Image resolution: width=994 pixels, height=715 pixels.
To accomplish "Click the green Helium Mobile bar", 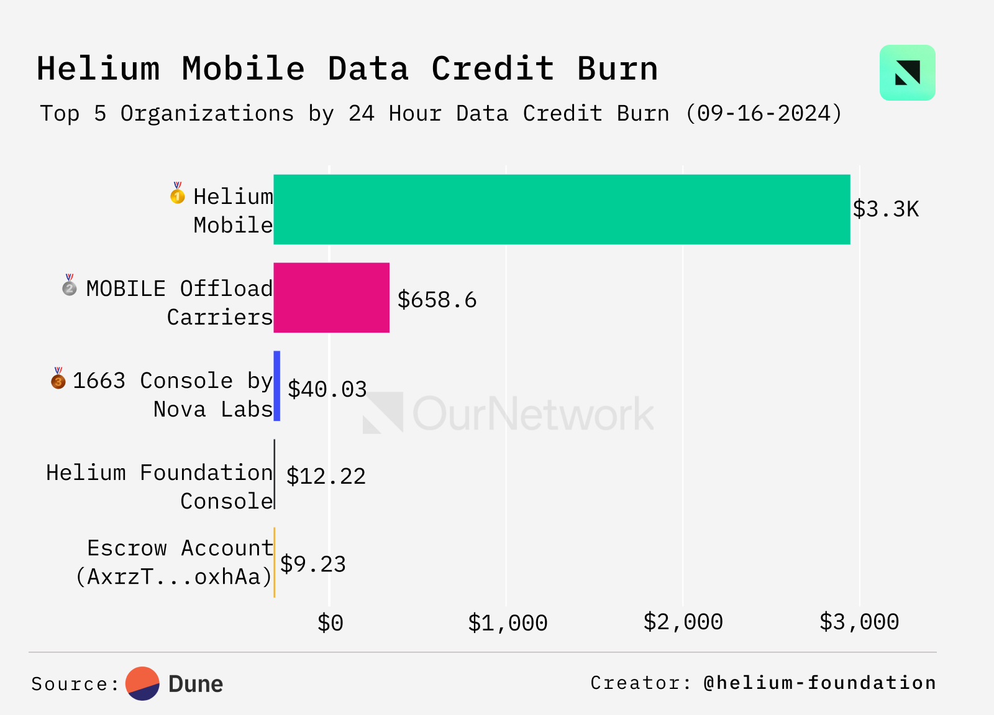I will pyautogui.click(x=562, y=210).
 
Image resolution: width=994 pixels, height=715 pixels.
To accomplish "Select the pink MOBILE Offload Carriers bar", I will pyautogui.click(x=332, y=298).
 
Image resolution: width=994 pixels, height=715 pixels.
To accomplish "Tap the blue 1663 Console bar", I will pyautogui.click(x=277, y=386).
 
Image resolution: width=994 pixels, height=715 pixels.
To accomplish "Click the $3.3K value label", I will pyautogui.click(x=885, y=210).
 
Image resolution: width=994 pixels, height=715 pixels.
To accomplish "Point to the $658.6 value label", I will pyautogui.click(x=437, y=300).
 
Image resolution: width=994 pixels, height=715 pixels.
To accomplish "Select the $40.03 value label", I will pyautogui.click(x=327, y=389).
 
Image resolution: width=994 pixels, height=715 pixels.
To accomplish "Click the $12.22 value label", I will pyautogui.click(x=326, y=476).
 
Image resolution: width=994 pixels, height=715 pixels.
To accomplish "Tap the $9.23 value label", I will pyautogui.click(x=312, y=564).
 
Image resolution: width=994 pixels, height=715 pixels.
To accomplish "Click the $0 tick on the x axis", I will pyautogui.click(x=330, y=622).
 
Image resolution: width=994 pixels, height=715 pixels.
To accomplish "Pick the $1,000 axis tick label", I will pyautogui.click(x=507, y=622).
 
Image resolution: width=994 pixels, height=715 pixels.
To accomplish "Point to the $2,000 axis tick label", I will pyautogui.click(x=683, y=622).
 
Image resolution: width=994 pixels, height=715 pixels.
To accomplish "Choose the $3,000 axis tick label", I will pyautogui.click(x=859, y=622).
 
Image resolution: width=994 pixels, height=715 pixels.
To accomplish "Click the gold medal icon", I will pyautogui.click(x=178, y=194).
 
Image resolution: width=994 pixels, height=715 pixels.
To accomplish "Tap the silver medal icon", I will pyautogui.click(x=70, y=286).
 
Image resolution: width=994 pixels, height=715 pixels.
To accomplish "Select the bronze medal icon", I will pyautogui.click(x=58, y=379).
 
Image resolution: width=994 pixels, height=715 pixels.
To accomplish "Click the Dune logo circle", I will pyautogui.click(x=142, y=683).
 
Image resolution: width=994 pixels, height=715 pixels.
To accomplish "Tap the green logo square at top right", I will pyautogui.click(x=907, y=73).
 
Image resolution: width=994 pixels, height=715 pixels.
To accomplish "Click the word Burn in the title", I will pyautogui.click(x=617, y=68).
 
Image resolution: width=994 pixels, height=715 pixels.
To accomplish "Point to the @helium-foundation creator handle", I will pyautogui.click(x=819, y=683).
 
